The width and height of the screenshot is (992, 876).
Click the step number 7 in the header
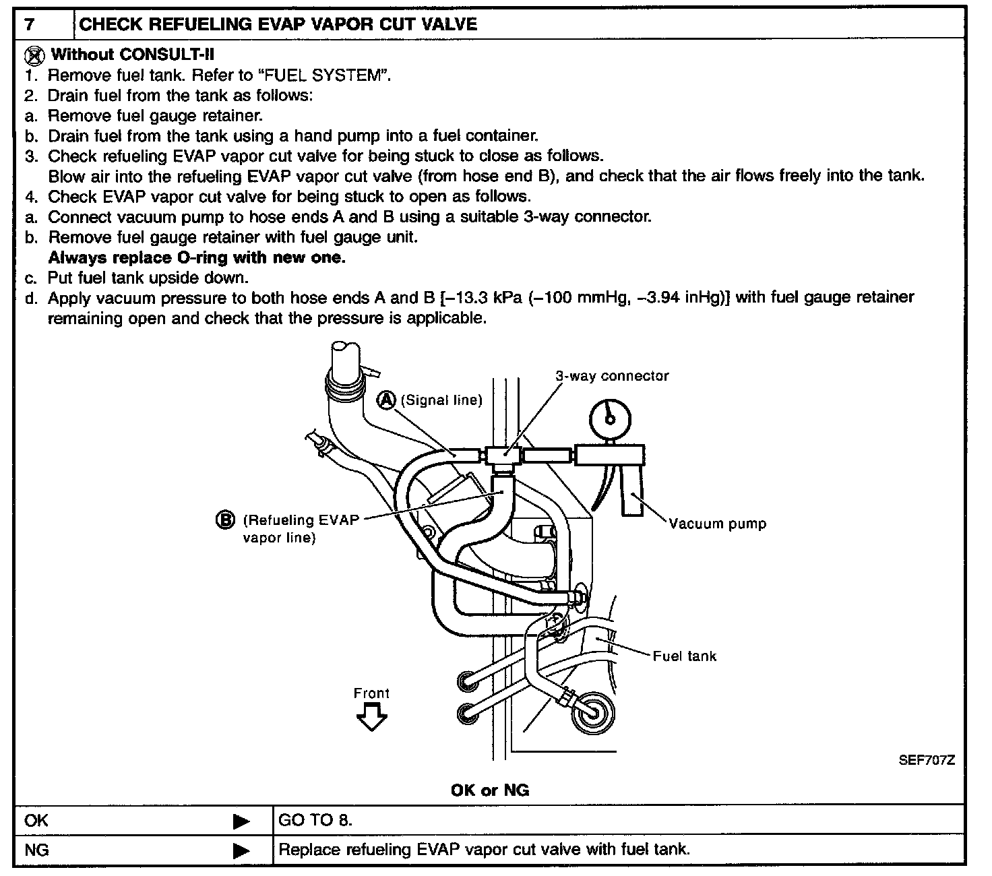(29, 25)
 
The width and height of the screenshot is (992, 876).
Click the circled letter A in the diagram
(387, 400)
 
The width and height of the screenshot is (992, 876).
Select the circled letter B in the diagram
(226, 520)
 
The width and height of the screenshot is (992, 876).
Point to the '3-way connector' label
(611, 376)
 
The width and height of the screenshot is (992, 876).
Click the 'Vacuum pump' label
(717, 524)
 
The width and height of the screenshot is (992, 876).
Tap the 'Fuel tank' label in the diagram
(684, 656)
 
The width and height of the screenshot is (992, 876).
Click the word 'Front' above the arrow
(371, 693)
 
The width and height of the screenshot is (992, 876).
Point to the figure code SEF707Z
(927, 760)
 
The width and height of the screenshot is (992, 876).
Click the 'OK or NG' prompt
(490, 790)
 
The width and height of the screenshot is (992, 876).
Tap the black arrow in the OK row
(241, 821)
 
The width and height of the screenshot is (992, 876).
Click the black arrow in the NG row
(241, 850)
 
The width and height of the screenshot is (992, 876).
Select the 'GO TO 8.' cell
(315, 821)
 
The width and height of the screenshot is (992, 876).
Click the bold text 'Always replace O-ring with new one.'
(197, 257)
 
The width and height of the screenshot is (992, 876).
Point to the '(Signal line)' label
(441, 400)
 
